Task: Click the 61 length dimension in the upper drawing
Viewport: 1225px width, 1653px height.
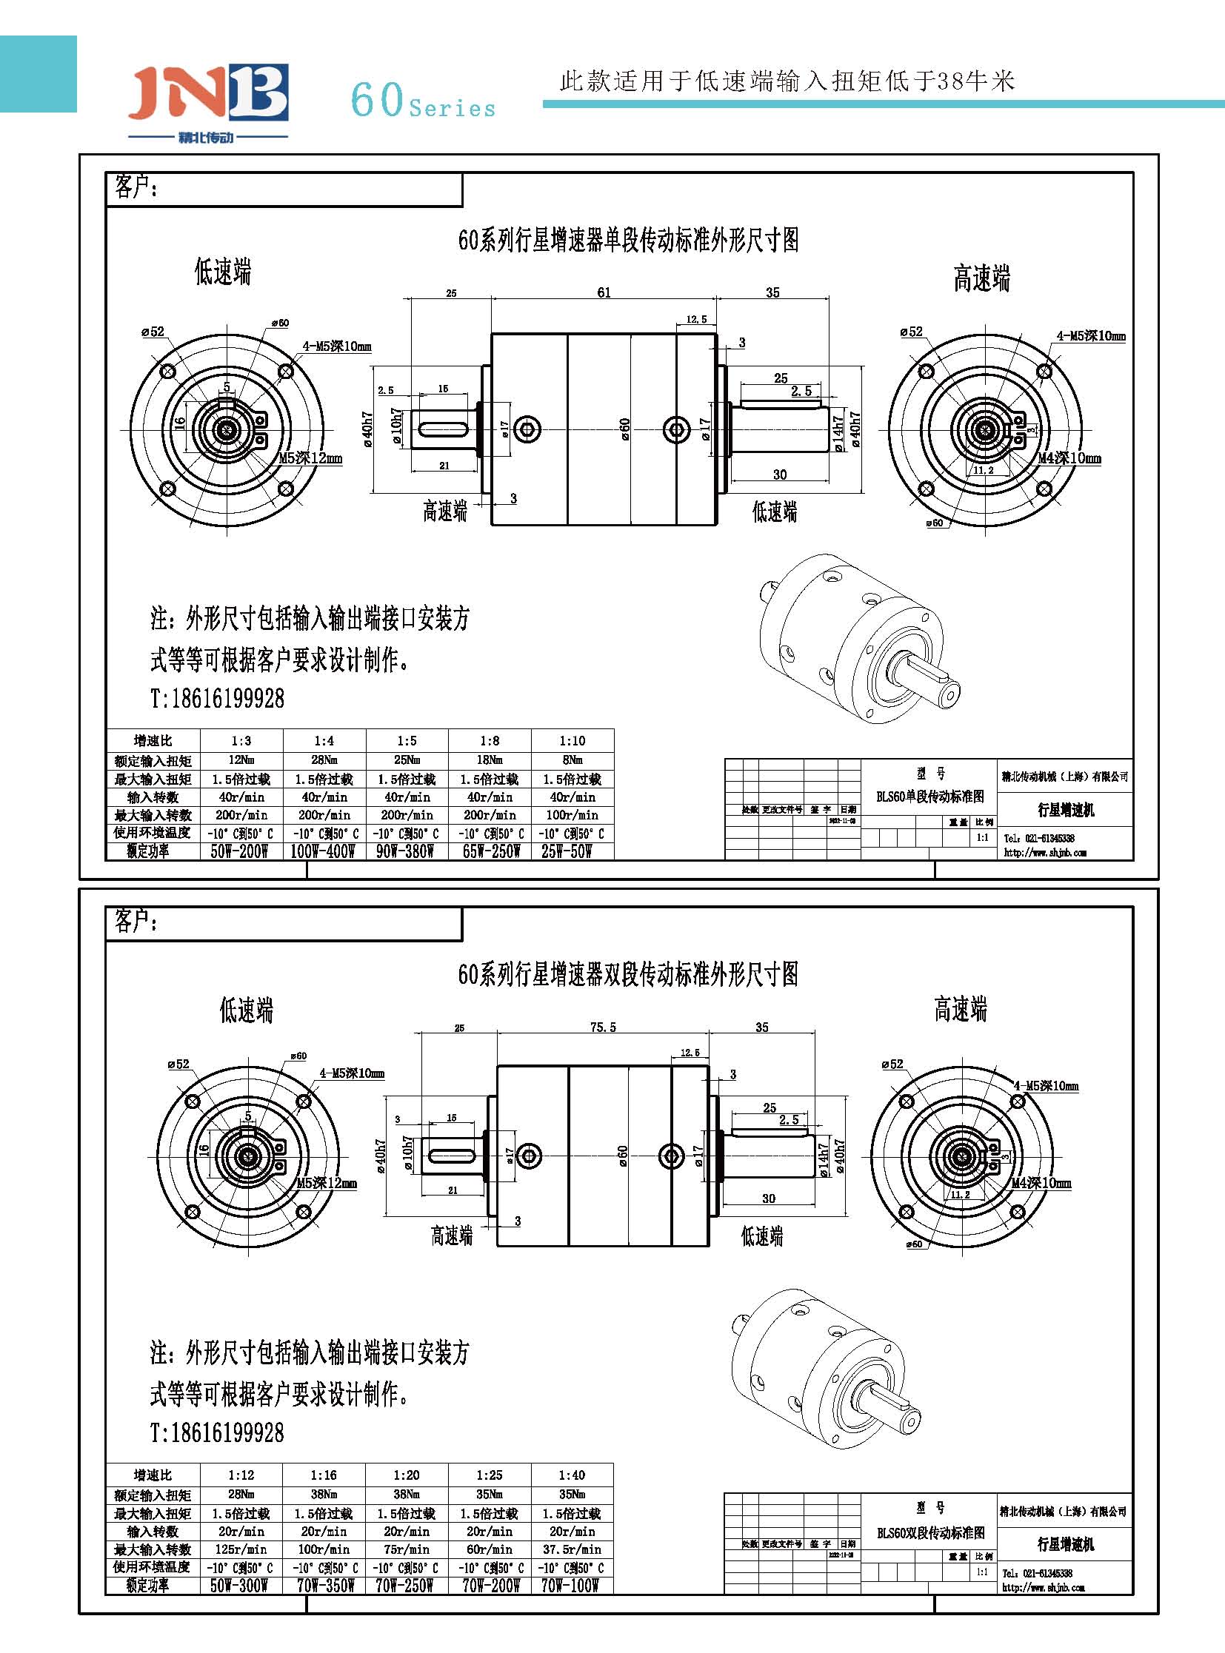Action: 604,292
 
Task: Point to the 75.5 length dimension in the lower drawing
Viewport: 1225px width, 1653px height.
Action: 602,1027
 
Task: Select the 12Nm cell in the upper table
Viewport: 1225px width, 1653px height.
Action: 241,760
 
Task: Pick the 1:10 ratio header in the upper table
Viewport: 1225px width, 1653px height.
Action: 572,740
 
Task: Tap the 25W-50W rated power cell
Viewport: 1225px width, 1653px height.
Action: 567,852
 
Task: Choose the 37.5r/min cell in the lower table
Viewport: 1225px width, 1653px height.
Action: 572,1549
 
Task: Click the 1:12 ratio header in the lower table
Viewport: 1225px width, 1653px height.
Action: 241,1475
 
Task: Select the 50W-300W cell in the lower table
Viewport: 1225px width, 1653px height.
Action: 238,1586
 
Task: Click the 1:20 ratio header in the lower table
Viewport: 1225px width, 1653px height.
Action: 407,1475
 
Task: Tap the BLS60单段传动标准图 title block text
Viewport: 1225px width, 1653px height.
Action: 930,797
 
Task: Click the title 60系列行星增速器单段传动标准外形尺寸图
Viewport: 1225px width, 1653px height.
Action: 628,240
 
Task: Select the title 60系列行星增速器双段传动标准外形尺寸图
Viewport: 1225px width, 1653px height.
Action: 628,974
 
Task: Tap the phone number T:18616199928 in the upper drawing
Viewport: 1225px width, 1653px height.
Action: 217,698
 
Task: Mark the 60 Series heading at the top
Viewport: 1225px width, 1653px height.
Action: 423,101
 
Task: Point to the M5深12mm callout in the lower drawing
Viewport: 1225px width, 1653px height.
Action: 327,1183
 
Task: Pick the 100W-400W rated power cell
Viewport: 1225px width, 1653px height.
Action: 323,852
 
